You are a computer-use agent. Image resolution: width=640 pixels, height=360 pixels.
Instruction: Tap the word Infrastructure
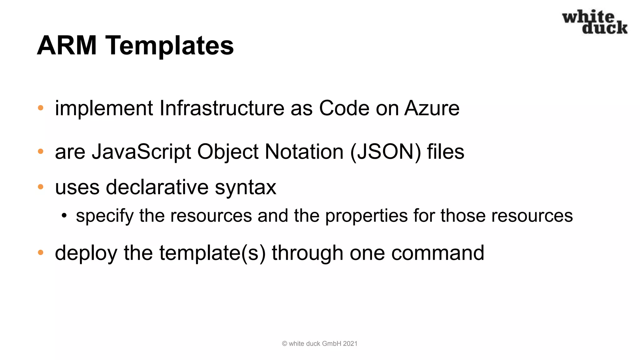click(x=222, y=108)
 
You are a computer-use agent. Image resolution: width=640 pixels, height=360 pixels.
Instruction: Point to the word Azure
click(x=432, y=108)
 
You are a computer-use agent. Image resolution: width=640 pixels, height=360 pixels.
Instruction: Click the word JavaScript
click(x=141, y=152)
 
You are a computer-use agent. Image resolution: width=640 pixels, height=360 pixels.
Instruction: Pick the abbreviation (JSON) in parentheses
click(x=386, y=152)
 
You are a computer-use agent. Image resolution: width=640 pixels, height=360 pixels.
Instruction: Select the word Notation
click(x=304, y=152)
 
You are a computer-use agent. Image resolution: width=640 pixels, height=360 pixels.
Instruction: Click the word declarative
click(x=157, y=187)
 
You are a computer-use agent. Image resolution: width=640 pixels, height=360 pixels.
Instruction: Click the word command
click(x=437, y=253)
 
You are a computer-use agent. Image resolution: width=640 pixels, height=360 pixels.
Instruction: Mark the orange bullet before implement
click(x=41, y=108)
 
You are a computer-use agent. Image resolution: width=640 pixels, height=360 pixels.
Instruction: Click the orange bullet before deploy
click(x=41, y=252)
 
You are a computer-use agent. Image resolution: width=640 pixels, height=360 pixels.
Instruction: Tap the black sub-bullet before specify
click(x=64, y=215)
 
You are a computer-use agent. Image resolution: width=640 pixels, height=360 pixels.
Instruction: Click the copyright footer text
click(x=319, y=344)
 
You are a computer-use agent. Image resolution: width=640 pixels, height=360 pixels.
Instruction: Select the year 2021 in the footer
click(x=350, y=344)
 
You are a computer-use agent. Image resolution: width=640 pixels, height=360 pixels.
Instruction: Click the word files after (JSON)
click(x=446, y=152)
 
